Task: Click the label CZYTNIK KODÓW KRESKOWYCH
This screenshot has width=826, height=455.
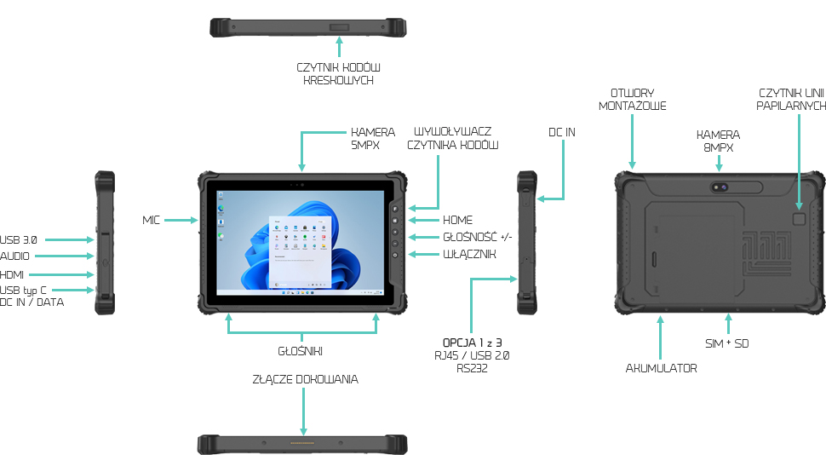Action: (338, 73)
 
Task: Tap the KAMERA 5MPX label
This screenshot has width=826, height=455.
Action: (373, 138)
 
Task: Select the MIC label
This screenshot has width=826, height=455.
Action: (152, 221)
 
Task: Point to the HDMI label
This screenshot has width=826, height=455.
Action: (13, 274)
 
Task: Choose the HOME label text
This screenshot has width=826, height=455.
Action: (457, 220)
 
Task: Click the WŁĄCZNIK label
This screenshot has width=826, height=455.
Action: (464, 254)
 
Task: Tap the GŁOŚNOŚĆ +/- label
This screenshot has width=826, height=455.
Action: (477, 237)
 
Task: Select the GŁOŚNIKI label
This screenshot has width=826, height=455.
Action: (302, 350)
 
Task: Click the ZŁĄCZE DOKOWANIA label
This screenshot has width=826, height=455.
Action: (305, 379)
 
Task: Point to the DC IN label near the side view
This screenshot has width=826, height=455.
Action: (562, 132)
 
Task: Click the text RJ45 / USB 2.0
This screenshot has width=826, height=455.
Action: (471, 355)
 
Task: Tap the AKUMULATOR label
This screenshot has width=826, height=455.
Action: (661, 368)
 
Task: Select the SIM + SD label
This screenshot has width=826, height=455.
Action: (728, 343)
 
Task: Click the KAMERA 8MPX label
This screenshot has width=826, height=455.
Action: (718, 141)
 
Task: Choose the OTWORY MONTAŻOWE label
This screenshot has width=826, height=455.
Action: (632, 100)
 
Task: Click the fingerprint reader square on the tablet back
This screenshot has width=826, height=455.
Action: (799, 219)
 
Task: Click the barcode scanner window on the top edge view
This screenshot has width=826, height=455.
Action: (339, 28)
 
